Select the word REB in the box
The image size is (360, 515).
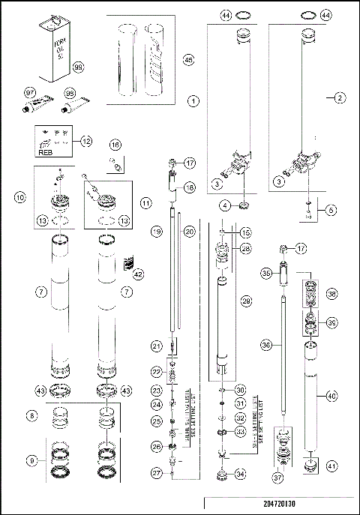point(46,150)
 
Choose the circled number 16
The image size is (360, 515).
point(115,145)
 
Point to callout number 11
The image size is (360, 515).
point(145,202)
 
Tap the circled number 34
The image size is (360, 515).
point(241,474)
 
